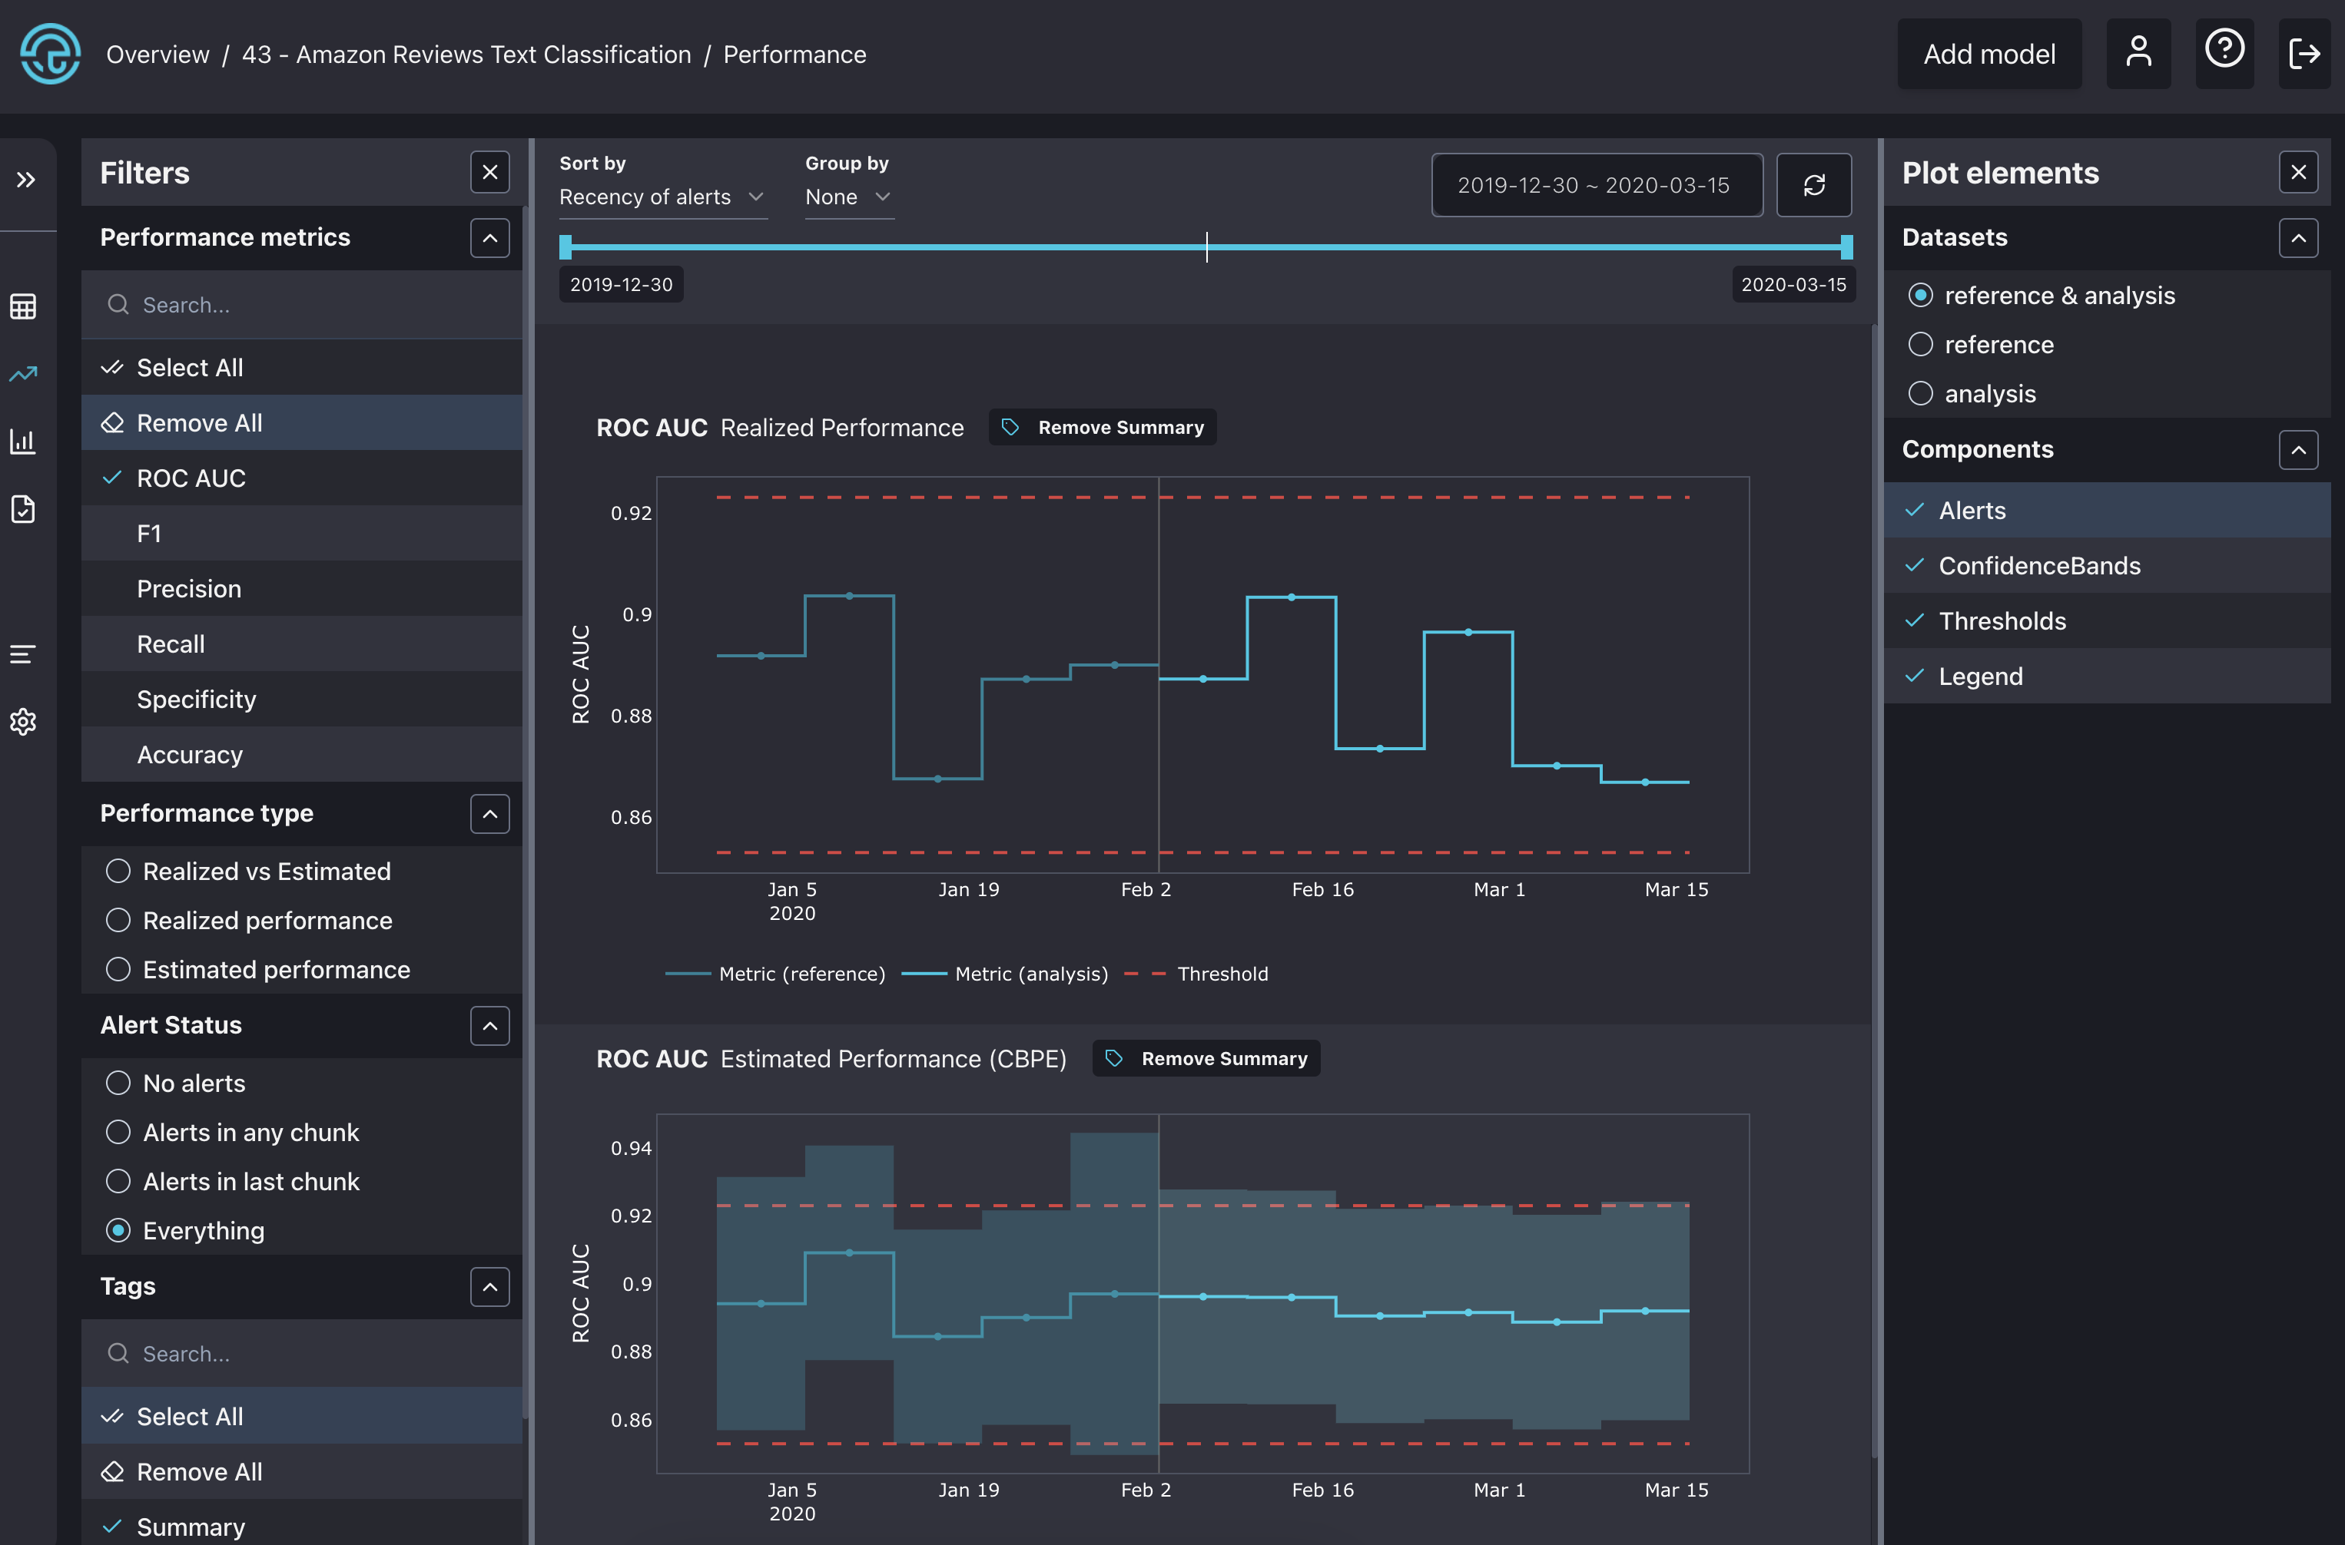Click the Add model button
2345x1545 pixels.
coord(1988,55)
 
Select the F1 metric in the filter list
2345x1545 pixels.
coord(149,533)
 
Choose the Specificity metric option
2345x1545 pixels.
coord(196,699)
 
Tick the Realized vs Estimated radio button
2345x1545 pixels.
coord(118,871)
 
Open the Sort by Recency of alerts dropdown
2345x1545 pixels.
coord(662,197)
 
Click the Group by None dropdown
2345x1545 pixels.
coord(847,197)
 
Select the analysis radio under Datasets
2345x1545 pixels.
coord(1920,393)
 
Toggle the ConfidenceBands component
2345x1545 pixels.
coord(2038,566)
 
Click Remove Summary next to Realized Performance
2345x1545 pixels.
coord(1103,428)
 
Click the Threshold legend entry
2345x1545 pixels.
coord(1222,974)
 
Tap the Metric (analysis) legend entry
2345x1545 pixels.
coord(1030,974)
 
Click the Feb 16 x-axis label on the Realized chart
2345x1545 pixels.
coord(1322,890)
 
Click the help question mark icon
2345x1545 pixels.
coord(2224,49)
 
